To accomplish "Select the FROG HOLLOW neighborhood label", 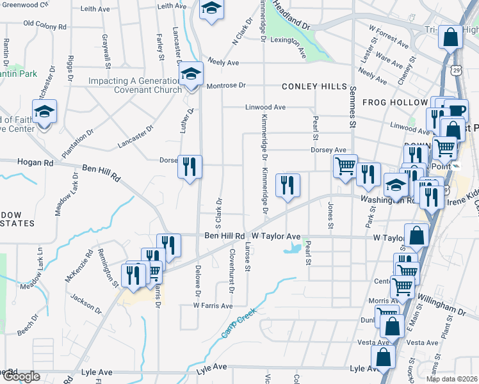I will (x=394, y=102).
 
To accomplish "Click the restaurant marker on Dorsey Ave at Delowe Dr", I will (x=190, y=168).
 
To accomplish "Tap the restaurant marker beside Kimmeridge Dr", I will (x=288, y=186).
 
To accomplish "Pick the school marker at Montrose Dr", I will (x=191, y=75).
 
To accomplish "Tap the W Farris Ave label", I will (x=213, y=306).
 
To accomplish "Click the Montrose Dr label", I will (x=225, y=85).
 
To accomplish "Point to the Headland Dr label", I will (x=291, y=17).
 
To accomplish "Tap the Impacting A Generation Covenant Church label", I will (x=134, y=86).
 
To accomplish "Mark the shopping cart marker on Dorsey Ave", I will (x=345, y=166).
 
